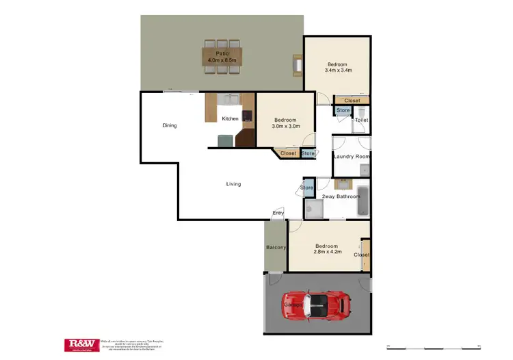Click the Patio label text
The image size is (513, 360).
pyautogui.click(x=222, y=53)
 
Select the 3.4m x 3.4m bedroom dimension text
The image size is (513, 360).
pyautogui.click(x=337, y=70)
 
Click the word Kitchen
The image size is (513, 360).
pyautogui.click(x=231, y=119)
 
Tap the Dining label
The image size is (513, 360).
pyautogui.click(x=170, y=125)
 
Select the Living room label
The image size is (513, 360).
pyautogui.click(x=234, y=184)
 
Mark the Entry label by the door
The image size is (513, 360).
pyautogui.click(x=278, y=214)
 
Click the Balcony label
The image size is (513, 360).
pyautogui.click(x=276, y=247)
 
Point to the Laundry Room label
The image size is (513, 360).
pyautogui.click(x=352, y=157)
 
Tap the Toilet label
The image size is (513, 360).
pyautogui.click(x=362, y=120)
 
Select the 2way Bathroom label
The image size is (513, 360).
pyautogui.click(x=341, y=197)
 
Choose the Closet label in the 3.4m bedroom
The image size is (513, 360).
pyautogui.click(x=352, y=101)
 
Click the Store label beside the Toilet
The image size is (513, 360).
pyautogui.click(x=343, y=110)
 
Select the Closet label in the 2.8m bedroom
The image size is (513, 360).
pyautogui.click(x=361, y=255)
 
